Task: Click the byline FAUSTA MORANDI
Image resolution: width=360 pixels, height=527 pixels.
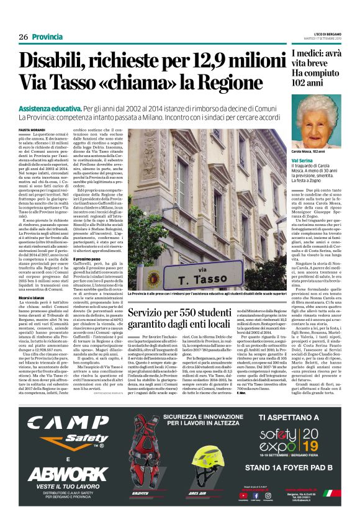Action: (31, 129)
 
